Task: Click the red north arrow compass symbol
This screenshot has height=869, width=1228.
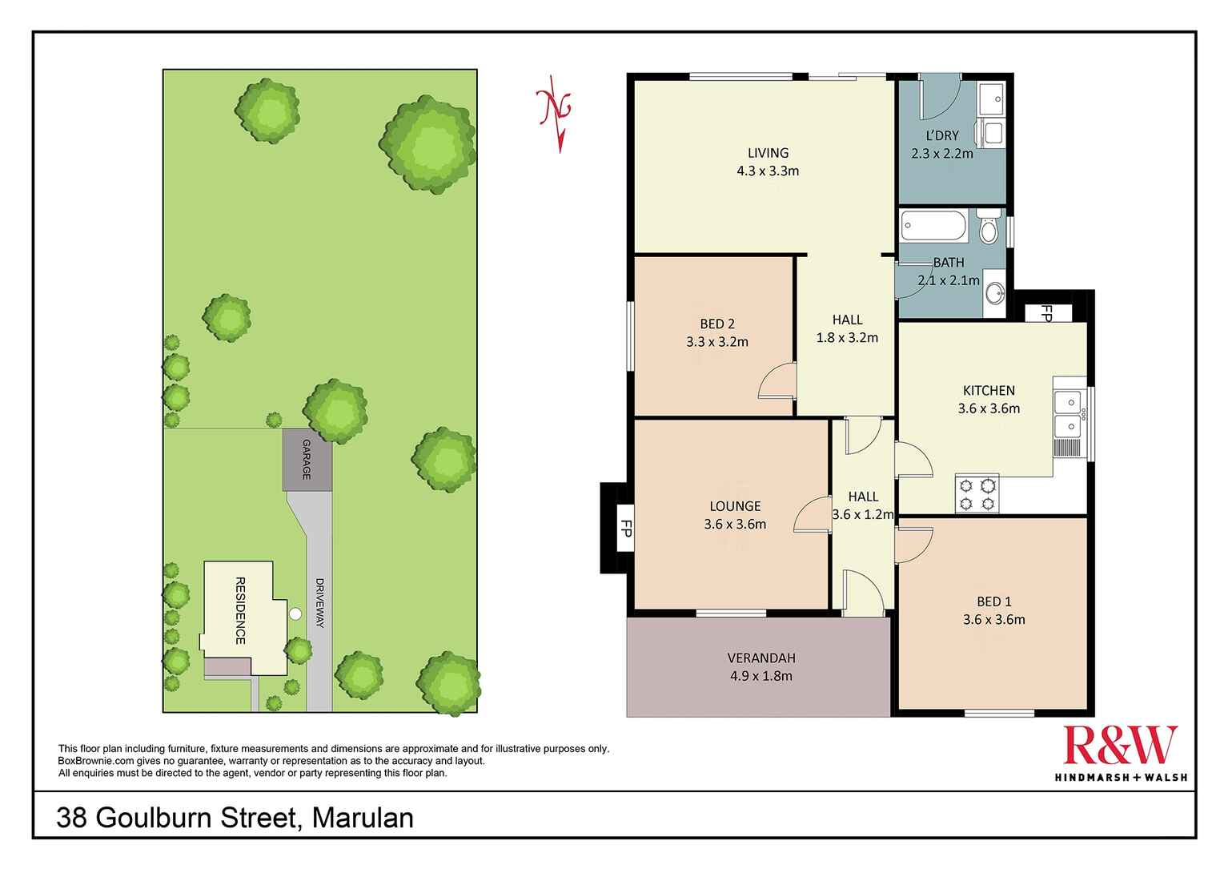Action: click(555, 112)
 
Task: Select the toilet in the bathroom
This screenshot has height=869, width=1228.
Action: click(989, 227)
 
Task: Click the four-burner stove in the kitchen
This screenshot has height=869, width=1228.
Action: click(977, 493)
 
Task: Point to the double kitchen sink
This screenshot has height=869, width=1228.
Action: click(1068, 413)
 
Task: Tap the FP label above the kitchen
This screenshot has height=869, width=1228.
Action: click(1045, 313)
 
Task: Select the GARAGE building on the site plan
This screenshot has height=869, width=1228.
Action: click(307, 460)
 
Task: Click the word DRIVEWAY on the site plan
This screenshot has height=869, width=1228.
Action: click(319, 602)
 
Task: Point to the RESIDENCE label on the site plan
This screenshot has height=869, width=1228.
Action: click(239, 610)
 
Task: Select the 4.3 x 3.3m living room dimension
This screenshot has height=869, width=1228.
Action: click(768, 171)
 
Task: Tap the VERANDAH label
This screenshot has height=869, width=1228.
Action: click(761, 658)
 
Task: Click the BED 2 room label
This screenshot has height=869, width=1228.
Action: click(716, 324)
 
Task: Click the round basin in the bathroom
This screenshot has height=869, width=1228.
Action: click(994, 293)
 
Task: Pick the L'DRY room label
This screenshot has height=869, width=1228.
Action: click(942, 135)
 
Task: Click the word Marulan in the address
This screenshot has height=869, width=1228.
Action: click(363, 818)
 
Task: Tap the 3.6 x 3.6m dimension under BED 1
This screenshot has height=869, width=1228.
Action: click(993, 619)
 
